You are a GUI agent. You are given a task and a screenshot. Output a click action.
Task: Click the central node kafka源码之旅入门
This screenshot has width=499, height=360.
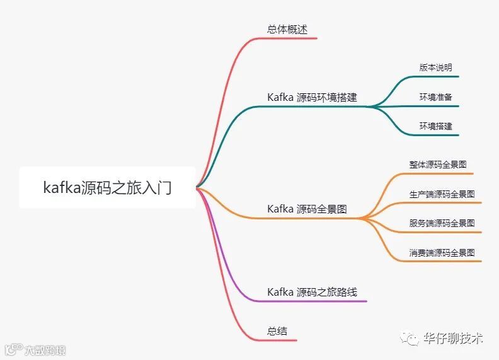pyautogui.click(x=107, y=187)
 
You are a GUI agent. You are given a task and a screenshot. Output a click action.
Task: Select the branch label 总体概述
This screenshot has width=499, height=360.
pyautogui.click(x=287, y=29)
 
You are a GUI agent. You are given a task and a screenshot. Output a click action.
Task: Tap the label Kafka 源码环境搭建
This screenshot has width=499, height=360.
pyautogui.click(x=312, y=97)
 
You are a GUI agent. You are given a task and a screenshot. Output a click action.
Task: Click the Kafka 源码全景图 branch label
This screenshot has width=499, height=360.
pyautogui.click(x=307, y=209)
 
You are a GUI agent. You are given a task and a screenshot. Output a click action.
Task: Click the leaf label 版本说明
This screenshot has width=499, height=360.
pyautogui.click(x=435, y=67)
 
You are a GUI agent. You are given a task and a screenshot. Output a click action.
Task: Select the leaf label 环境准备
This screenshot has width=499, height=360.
pyautogui.click(x=435, y=96)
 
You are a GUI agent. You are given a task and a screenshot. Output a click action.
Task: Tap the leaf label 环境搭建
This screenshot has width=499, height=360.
pyautogui.click(x=435, y=125)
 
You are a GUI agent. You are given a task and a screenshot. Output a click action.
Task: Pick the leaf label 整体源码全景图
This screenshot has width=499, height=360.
pyautogui.click(x=438, y=165)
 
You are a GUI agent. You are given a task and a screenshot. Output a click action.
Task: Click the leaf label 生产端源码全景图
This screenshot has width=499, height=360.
pyautogui.click(x=442, y=194)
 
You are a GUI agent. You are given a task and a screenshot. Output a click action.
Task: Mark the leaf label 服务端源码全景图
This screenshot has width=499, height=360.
pyautogui.click(x=442, y=223)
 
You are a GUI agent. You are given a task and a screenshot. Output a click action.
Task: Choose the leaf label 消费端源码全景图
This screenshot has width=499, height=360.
pyautogui.click(x=442, y=252)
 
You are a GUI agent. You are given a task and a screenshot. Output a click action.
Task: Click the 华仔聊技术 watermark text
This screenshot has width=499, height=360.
pyautogui.click(x=453, y=338)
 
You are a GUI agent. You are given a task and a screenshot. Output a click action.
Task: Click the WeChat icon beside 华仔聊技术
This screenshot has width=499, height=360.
pyautogui.click(x=413, y=339)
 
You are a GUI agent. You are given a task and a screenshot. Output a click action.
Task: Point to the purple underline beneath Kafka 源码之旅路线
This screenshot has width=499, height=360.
pyautogui.click(x=315, y=301)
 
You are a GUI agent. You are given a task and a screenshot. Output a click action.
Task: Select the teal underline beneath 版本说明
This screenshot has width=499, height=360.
pyautogui.click(x=435, y=77)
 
